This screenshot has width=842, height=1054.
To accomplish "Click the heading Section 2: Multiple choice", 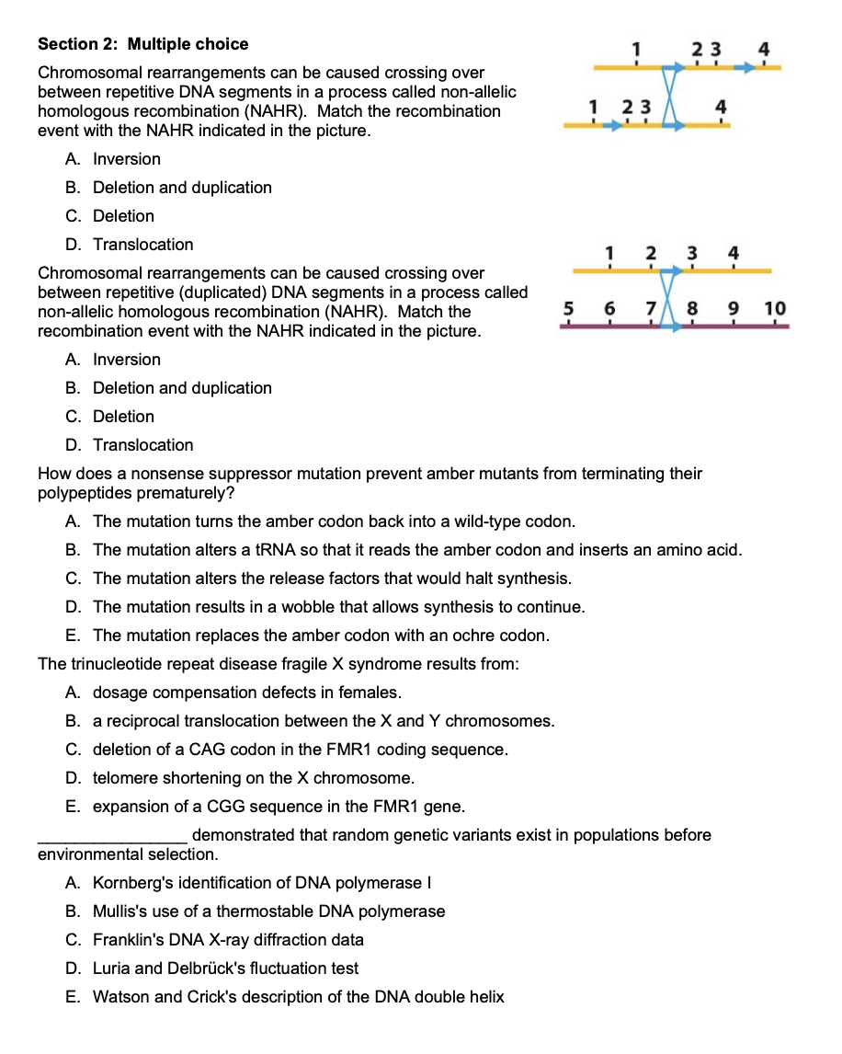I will coord(142,44).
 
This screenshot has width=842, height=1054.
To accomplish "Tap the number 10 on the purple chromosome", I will coord(775,308).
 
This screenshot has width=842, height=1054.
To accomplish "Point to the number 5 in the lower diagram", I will coord(567,308).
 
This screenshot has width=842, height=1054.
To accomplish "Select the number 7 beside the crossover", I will coord(650,308).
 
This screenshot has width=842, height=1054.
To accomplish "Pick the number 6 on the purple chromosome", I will coord(609,308).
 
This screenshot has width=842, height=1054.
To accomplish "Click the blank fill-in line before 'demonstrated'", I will coord(112,837).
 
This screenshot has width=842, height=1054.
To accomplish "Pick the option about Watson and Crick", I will coord(298,997).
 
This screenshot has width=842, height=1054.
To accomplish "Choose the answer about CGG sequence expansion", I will coord(279,807).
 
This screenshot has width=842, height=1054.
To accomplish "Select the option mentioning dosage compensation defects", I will coord(246,693).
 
